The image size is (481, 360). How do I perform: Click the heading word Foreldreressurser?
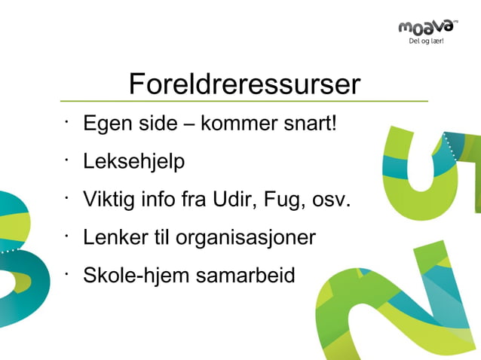point(244,84)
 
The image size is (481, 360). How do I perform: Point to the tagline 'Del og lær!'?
point(426,41)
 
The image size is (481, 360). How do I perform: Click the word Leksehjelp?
point(133,162)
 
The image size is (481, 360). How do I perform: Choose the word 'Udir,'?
point(235,200)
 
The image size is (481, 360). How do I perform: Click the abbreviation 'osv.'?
point(331,201)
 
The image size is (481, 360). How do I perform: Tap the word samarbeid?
point(245,276)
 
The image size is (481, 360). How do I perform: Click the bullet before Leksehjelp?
point(67,158)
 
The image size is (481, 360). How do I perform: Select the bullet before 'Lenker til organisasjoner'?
point(67,235)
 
